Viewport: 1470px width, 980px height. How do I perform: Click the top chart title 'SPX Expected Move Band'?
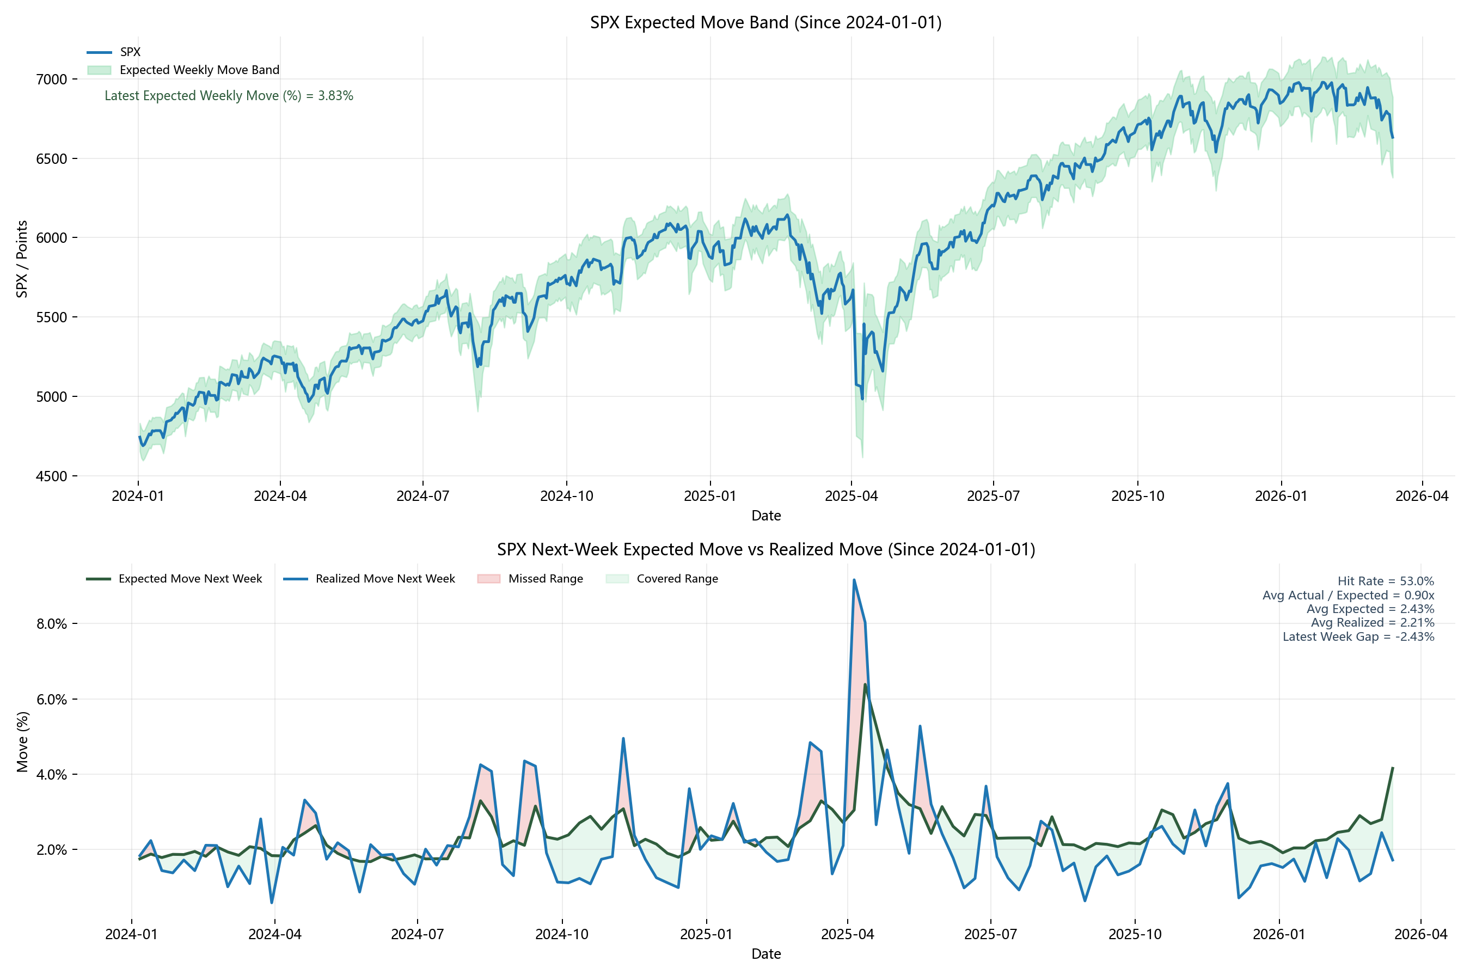(x=765, y=22)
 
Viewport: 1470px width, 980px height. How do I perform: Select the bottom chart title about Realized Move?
(x=765, y=549)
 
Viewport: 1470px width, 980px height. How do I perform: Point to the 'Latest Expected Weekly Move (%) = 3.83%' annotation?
(x=229, y=96)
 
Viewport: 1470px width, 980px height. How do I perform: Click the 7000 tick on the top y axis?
(x=51, y=79)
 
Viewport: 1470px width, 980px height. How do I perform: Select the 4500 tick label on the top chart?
(x=51, y=476)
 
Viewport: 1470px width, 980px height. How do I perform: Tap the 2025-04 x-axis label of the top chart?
(x=852, y=496)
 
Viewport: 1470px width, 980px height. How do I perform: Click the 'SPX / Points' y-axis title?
(x=22, y=259)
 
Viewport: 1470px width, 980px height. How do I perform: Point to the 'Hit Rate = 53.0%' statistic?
(x=1385, y=581)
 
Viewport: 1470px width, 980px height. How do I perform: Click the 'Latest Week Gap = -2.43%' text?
(x=1358, y=637)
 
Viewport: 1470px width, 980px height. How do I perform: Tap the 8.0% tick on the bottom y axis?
(x=51, y=624)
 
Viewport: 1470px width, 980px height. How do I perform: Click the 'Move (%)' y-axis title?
(x=22, y=742)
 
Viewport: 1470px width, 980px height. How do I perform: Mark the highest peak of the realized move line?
(x=854, y=580)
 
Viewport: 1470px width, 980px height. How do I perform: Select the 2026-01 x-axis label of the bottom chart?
(x=1279, y=934)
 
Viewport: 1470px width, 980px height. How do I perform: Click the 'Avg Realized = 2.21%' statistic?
(x=1372, y=622)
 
